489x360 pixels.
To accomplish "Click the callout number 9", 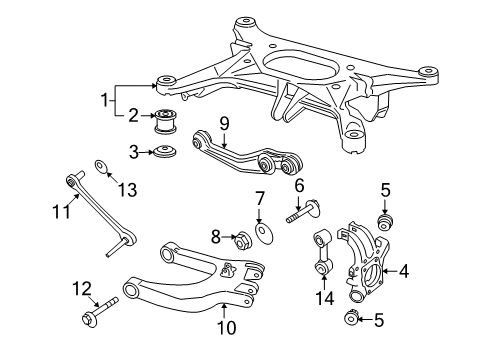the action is point(224,124).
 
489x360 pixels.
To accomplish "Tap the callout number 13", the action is point(128,190).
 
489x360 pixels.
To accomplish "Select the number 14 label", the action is point(324,298).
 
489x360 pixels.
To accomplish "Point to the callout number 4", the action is point(404,271).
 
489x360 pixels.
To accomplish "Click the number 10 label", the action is point(227,327).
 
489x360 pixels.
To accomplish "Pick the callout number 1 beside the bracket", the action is point(105,100).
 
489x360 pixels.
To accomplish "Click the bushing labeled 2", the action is point(165,120).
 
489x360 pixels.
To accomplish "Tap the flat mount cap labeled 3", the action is point(165,151).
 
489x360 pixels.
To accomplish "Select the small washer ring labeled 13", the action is point(101,167).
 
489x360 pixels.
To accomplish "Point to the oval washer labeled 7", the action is point(264,233).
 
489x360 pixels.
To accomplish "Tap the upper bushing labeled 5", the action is point(386,222).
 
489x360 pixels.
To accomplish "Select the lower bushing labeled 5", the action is point(351,317).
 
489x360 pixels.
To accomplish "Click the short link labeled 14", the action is point(323,253).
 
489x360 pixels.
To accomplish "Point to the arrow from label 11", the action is point(72,201).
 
